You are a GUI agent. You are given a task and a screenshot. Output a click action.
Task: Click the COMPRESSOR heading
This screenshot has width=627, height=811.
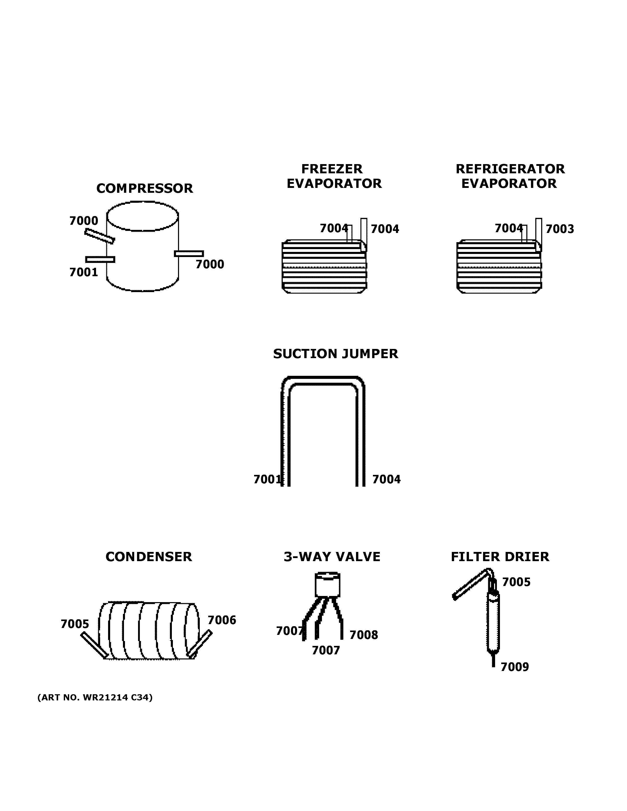tap(144, 188)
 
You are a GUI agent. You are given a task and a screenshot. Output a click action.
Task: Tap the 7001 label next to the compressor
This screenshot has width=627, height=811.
tap(83, 273)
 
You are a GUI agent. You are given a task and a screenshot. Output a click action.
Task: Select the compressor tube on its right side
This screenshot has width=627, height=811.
tap(189, 254)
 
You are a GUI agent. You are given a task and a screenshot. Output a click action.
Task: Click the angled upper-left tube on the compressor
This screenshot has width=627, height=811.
tap(99, 236)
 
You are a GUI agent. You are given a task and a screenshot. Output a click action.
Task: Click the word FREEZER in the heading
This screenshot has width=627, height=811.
tap(331, 169)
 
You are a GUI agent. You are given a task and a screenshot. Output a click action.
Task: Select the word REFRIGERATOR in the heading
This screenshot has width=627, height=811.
tap(510, 169)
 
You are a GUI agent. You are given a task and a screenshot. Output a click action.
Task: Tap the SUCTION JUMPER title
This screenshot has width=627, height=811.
tap(336, 354)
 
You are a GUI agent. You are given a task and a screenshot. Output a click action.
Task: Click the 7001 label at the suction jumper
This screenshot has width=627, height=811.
tap(267, 479)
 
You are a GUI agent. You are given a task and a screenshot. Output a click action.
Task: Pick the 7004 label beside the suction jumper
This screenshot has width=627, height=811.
tap(386, 479)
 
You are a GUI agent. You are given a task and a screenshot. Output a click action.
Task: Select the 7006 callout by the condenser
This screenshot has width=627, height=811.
tap(222, 620)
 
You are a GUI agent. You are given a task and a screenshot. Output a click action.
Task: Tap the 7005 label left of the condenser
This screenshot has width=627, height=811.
tap(75, 624)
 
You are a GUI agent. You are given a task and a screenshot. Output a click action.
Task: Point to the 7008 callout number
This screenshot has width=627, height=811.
tap(364, 635)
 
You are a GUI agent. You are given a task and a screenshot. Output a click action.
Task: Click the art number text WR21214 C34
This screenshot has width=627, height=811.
tap(95, 697)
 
